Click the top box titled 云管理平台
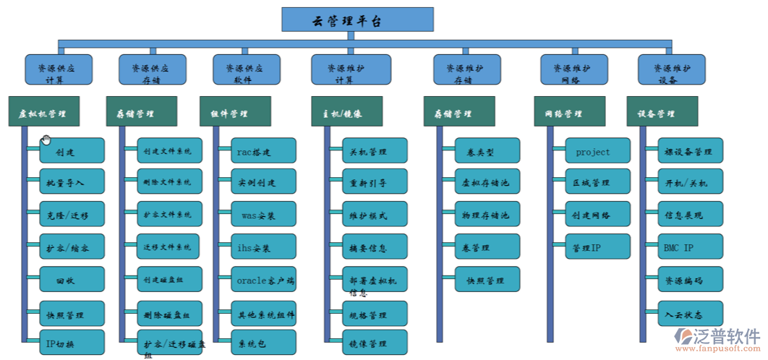coord(357,20)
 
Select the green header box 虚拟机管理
coord(43,113)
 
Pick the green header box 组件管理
coord(235,113)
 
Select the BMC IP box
coord(690,247)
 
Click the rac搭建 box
coord(263,151)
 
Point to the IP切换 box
coord(72,343)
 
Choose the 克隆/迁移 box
coord(72,215)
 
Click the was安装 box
coord(263,215)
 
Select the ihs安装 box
coord(263,247)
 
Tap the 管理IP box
coord(597,247)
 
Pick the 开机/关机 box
coord(690,183)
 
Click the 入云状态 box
coord(690,312)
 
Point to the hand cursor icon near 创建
coord(46,140)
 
